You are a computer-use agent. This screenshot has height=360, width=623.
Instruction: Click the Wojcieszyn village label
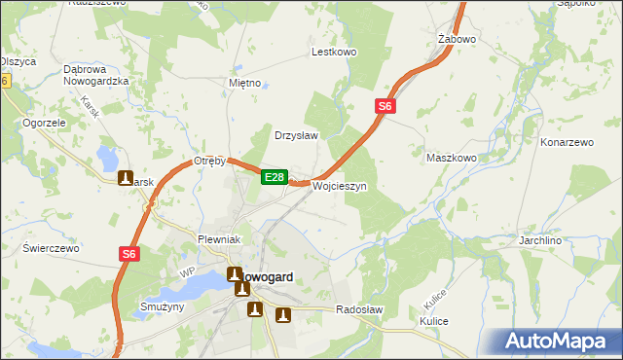coord(339,186)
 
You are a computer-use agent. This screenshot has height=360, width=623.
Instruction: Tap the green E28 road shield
coord(275,177)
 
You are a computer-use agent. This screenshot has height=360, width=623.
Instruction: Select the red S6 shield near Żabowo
coord(385,107)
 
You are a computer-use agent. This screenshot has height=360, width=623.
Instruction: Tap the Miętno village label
coord(244,83)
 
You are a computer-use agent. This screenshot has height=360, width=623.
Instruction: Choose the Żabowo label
coord(457,40)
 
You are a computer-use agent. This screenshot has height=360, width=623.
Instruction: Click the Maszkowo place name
coord(452,157)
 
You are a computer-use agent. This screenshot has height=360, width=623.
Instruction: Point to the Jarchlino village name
coord(569,238)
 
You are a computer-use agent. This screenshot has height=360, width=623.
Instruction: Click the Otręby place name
coord(209,161)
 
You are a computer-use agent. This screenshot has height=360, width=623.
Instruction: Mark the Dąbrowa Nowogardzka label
coord(96,75)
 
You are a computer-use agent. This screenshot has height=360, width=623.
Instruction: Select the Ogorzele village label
coord(44,124)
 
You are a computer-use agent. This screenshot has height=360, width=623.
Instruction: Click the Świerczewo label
coord(51,248)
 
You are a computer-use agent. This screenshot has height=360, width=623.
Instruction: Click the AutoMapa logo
coord(559,342)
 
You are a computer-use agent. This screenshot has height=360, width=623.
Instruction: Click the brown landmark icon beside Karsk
coord(126,178)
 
